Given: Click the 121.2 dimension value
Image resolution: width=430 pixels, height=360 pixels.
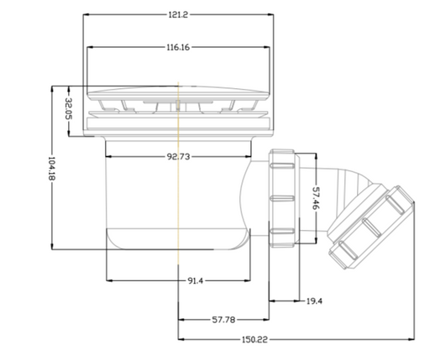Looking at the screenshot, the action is pos(178,14).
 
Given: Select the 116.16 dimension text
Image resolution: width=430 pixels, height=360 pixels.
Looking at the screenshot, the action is pos(178,47).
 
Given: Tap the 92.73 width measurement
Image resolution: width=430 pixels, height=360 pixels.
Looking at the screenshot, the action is pos(178,157).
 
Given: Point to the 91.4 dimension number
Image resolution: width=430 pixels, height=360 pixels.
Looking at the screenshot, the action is pos(195,280).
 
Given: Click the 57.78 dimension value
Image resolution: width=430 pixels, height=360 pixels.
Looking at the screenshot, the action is pos(223,320).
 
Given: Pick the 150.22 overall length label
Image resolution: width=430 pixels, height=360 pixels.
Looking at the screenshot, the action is pos(254,340).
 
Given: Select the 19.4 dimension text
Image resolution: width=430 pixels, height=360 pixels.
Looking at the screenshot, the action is pos(314,301).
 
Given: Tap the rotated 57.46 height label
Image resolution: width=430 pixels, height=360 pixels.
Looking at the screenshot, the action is pos(316,198).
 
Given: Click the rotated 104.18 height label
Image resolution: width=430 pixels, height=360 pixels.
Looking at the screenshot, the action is pos(52,168).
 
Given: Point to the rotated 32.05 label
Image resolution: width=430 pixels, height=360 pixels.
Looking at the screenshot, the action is pos(69,108).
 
